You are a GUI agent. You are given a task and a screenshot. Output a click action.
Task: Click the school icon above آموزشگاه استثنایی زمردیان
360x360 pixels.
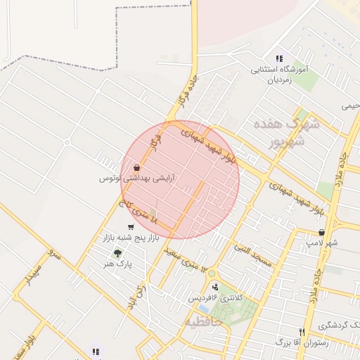coord(279,59)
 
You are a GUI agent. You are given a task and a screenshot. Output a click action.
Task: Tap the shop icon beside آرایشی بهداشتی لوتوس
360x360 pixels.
coord(136,168)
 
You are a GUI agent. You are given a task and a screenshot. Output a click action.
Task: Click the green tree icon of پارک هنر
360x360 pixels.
coord(117,253)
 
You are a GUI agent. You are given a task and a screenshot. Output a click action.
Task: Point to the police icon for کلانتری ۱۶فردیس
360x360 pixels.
coord(215,286)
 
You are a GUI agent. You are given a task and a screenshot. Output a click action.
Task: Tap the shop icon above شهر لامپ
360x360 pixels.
coord(321,232)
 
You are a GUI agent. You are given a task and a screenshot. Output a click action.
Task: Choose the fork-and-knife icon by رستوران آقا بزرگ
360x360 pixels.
coord(302,332)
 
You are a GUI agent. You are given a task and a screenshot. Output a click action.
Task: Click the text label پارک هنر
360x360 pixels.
coord(117,264)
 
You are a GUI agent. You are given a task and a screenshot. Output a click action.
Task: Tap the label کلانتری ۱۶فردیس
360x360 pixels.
coord(214,298)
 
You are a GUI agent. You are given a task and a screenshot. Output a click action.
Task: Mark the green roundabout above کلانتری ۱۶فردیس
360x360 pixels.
coord(212,273)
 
